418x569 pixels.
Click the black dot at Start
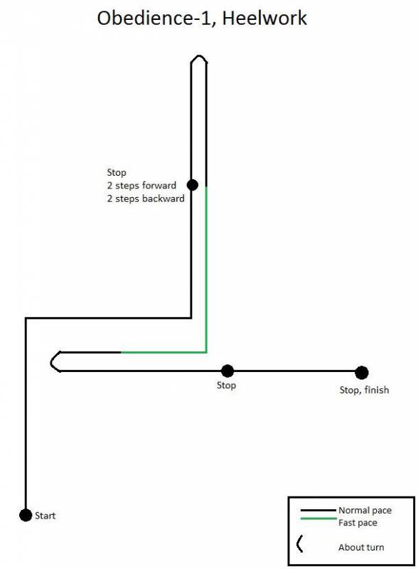[x=26, y=515]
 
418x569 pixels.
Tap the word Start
[x=45, y=516]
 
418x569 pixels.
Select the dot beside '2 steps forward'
[x=193, y=185]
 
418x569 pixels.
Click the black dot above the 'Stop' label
[x=227, y=371]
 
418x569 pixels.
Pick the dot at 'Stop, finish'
[x=361, y=372]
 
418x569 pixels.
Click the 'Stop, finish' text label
[x=364, y=390]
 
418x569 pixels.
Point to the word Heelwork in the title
[x=264, y=18]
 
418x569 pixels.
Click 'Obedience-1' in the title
[x=154, y=18]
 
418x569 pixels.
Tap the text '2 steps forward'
[x=141, y=186]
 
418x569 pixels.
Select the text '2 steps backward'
[x=146, y=198]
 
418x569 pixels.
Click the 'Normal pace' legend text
[x=365, y=510]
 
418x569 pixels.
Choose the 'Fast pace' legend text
[x=358, y=523]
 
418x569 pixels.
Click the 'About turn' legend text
[x=361, y=547]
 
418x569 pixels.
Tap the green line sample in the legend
[x=318, y=519]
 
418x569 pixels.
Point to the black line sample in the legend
[x=318, y=510]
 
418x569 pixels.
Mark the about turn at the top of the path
[x=199, y=56]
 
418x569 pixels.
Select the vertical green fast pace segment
[x=206, y=270]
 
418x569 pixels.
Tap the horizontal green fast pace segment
[x=164, y=352]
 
